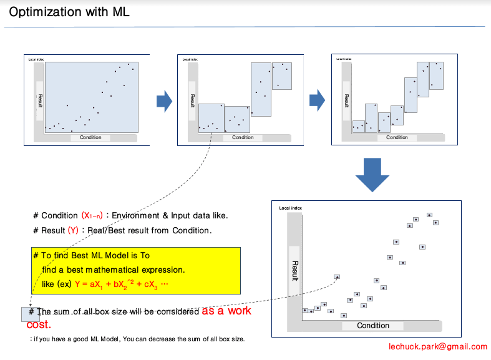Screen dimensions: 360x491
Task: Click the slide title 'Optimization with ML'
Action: click(69, 12)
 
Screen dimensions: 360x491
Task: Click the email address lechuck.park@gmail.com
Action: click(437, 347)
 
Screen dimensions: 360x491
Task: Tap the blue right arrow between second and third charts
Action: click(318, 99)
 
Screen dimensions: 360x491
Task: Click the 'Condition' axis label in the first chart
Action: click(90, 137)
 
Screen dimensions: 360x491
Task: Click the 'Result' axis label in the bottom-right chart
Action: click(295, 271)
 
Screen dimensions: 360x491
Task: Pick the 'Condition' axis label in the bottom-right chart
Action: click(372, 326)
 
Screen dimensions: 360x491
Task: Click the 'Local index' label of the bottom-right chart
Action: click(290, 208)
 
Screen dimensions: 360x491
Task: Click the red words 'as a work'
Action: click(226, 311)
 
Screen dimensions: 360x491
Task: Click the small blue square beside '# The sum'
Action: click(29, 314)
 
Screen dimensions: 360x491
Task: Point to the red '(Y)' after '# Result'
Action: click(73, 230)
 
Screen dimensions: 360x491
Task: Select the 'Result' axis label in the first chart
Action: click(40, 101)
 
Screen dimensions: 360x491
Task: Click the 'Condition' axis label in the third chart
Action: click(397, 137)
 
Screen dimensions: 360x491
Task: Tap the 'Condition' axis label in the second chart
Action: click(243, 137)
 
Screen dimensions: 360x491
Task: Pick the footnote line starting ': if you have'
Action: click(137, 339)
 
